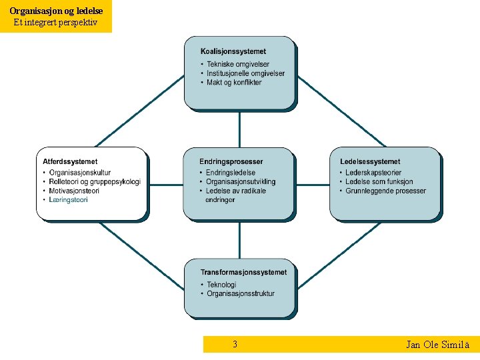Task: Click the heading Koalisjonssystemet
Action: point(233,51)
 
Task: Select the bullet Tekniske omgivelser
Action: point(238,64)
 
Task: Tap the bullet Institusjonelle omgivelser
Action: point(245,73)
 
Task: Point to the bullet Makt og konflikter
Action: point(234,83)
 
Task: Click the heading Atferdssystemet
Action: point(70,161)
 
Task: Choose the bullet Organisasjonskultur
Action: point(80,173)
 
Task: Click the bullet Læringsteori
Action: point(69,199)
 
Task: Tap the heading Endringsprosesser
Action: point(231,161)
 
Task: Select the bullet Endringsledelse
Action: point(231,173)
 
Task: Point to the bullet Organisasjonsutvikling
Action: point(241,181)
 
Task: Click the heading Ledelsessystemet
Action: point(370,161)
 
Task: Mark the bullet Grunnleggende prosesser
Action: point(385,191)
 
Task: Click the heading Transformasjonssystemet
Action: point(243,272)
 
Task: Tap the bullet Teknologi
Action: point(221,285)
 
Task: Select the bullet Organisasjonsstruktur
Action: point(241,293)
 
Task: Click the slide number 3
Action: point(235,345)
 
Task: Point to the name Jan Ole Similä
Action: point(437,345)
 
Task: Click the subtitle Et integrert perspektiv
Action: point(55,22)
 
